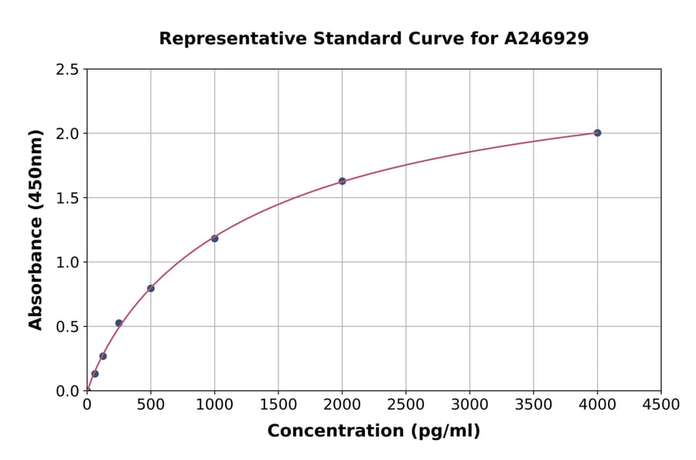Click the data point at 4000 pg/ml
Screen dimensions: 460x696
597,132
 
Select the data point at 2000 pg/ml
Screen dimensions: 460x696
342,181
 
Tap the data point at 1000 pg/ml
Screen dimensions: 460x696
214,239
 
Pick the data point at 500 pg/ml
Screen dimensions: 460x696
151,289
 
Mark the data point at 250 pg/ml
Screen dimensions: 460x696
119,323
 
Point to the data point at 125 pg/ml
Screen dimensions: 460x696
103,356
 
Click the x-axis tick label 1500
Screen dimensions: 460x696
278,405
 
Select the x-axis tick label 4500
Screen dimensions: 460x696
661,405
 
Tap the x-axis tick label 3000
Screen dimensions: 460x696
469,405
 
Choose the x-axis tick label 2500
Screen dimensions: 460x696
406,405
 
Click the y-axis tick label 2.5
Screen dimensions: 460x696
68,70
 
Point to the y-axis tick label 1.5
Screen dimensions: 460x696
68,198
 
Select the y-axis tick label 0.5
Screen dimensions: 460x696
68,327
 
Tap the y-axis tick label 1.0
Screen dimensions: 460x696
68,263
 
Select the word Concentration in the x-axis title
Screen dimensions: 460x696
330,431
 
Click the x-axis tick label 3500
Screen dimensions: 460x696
534,405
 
